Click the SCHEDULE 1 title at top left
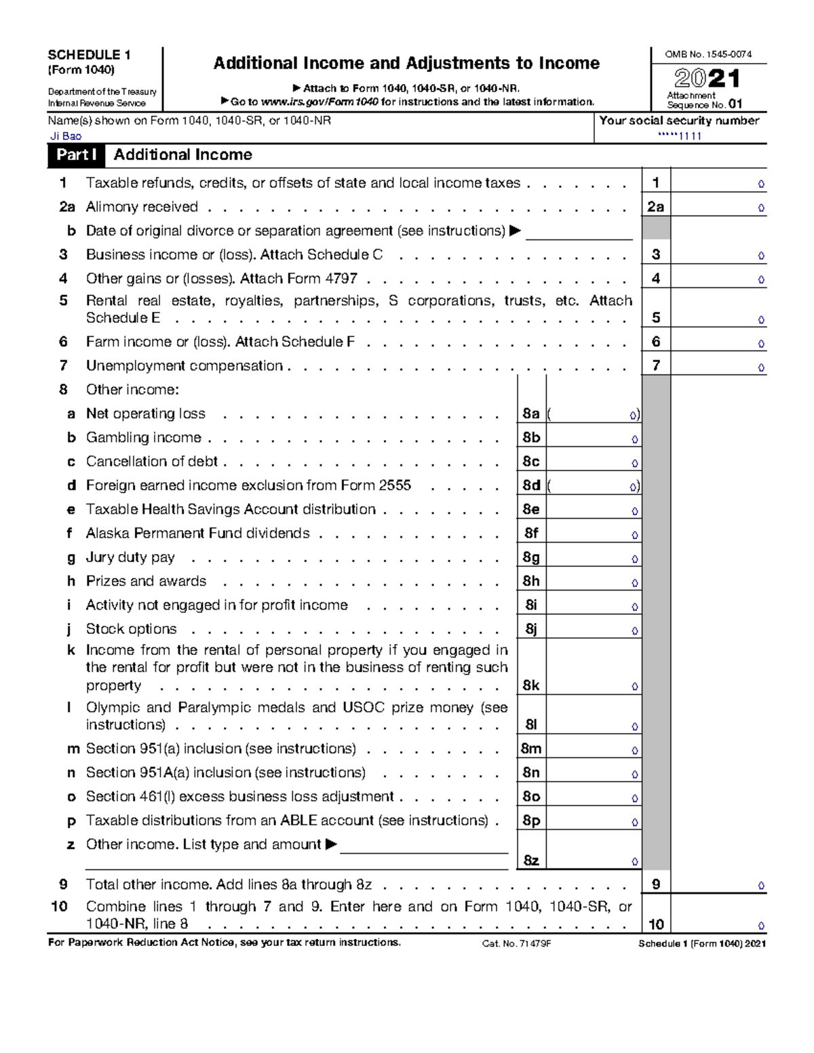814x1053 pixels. pyautogui.click(x=89, y=55)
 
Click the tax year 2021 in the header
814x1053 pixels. pyautogui.click(x=708, y=79)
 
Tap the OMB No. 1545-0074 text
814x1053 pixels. pyautogui.click(x=708, y=54)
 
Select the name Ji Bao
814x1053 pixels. pyautogui.click(x=66, y=136)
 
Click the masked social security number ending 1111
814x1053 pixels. pyautogui.click(x=680, y=136)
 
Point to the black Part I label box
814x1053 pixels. pyautogui.click(x=76, y=155)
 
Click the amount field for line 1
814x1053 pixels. pyautogui.click(x=718, y=183)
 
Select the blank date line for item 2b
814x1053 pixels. pyautogui.click(x=579, y=232)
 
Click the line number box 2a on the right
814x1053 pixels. pyautogui.click(x=655, y=207)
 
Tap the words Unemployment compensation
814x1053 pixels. pyautogui.click(x=184, y=366)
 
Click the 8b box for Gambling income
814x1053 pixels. pyautogui.click(x=531, y=438)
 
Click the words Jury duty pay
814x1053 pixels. pyautogui.click(x=130, y=557)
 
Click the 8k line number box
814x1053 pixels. pyautogui.click(x=531, y=686)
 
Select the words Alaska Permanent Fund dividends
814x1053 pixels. pyautogui.click(x=197, y=534)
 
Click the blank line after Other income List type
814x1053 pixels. pyautogui.click(x=424, y=846)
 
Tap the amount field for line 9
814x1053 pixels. pyautogui.click(x=718, y=885)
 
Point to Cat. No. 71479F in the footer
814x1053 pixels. pyautogui.click(x=516, y=944)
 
